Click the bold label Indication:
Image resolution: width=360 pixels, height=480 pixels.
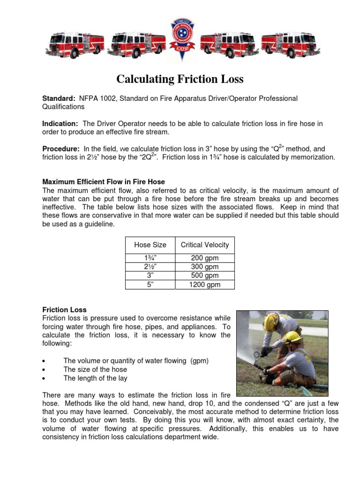(x=60, y=123)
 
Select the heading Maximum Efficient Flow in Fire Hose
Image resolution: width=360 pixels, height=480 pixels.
(x=104, y=181)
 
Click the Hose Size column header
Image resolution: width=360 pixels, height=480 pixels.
(x=150, y=245)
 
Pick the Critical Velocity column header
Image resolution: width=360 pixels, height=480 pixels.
(x=205, y=245)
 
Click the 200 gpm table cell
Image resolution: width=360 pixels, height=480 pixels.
(x=205, y=258)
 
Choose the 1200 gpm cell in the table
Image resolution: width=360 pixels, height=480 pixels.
(x=205, y=285)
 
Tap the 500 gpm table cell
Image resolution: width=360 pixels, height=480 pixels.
(x=205, y=276)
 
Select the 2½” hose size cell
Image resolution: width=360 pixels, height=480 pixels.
(x=150, y=267)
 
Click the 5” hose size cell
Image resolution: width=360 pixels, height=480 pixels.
(x=150, y=285)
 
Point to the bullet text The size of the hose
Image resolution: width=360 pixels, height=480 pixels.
(x=92, y=369)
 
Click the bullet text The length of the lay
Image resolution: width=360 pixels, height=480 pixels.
(x=95, y=378)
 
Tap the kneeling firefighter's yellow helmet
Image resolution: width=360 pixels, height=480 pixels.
(x=293, y=337)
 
